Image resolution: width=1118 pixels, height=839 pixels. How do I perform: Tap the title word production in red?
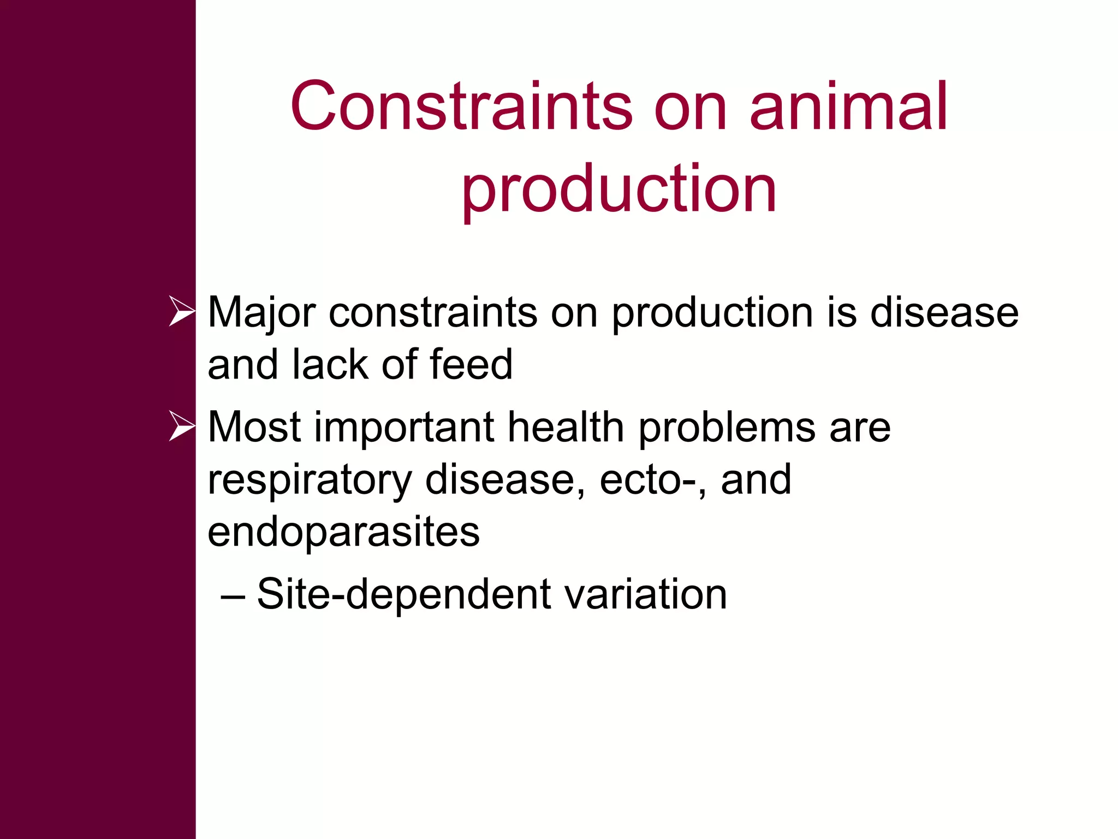pos(619,189)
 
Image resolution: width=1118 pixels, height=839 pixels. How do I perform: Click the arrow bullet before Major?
pos(181,311)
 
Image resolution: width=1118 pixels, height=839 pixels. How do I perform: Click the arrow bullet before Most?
pos(181,426)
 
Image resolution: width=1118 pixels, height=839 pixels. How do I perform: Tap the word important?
pos(404,427)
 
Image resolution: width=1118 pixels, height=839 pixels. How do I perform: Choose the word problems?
pos(727,427)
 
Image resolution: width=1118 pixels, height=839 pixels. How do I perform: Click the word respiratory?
pos(310,480)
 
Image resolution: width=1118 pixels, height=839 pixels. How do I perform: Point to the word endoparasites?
pos(343,532)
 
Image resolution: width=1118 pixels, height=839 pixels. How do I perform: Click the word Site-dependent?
pos(404,594)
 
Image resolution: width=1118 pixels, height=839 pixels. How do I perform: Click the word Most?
pos(254,427)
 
